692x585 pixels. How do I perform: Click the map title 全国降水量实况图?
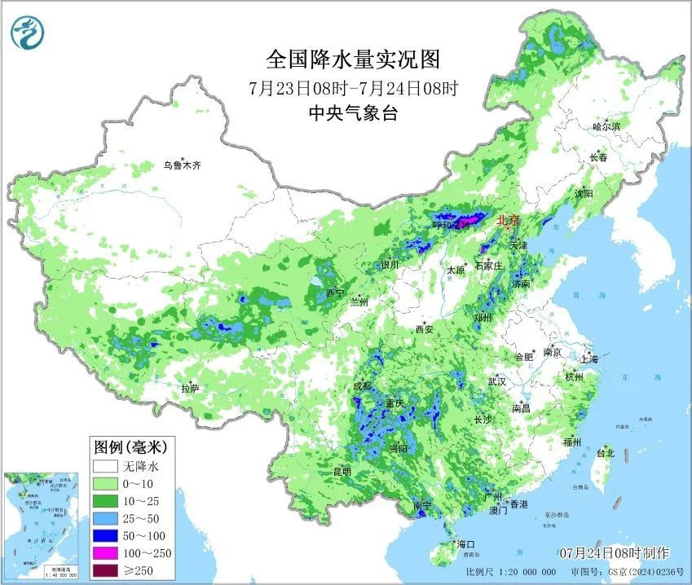click(353, 59)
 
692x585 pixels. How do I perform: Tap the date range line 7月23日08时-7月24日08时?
click(353, 88)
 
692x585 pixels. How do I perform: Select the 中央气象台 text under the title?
click(353, 114)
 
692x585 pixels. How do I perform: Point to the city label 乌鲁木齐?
click(181, 165)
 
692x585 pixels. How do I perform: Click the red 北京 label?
click(508, 219)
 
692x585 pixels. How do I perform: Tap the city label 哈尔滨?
click(606, 126)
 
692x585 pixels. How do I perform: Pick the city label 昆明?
click(342, 471)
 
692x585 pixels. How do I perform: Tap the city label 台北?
click(605, 453)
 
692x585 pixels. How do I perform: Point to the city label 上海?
click(589, 358)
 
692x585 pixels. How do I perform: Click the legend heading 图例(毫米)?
click(130, 447)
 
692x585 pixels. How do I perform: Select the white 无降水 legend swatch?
click(105, 467)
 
